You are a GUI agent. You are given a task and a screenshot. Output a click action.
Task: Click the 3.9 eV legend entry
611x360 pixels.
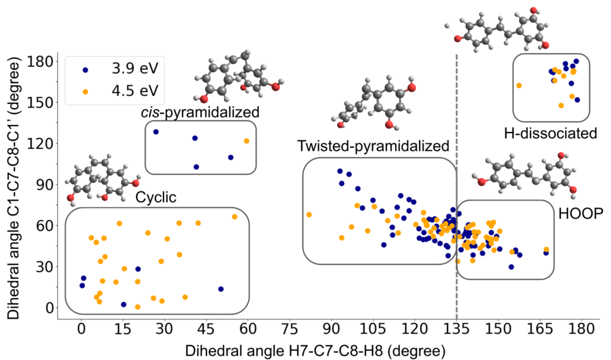[x=120, y=69]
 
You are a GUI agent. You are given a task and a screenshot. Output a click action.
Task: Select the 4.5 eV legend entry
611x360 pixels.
[x=120, y=91]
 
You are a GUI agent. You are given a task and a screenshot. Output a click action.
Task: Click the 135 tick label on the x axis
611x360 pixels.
[x=456, y=329]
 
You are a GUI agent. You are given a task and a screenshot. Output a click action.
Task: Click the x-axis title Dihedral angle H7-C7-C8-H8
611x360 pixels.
[x=315, y=350]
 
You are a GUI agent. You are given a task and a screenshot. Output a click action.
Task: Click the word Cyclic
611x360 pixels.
[x=156, y=197]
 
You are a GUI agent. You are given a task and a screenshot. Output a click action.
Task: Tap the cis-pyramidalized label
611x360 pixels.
[x=200, y=112]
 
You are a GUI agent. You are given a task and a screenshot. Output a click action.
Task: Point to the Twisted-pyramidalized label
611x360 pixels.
[x=374, y=146]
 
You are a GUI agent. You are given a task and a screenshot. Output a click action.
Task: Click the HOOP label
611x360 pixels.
[x=581, y=213]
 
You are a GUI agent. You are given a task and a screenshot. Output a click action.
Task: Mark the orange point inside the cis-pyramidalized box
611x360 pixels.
[x=246, y=141]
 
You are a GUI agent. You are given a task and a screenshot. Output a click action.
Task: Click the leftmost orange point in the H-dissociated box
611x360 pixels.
[x=519, y=85]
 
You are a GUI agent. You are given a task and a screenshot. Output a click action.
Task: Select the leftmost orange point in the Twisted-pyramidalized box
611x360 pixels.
[x=309, y=215]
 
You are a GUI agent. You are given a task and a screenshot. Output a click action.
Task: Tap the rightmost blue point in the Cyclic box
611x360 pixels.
[x=221, y=289]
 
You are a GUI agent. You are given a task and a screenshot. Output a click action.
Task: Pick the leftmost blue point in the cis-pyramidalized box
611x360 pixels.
[x=156, y=132]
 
